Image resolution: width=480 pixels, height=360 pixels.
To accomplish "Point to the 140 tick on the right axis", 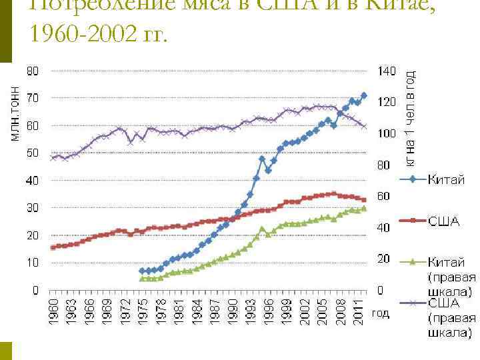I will tap(387, 71).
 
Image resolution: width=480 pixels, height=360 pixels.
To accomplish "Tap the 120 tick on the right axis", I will tap(387, 102).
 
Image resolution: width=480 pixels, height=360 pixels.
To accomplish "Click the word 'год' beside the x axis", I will tap(381, 313).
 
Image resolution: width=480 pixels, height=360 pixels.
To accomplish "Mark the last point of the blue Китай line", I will tap(364, 95).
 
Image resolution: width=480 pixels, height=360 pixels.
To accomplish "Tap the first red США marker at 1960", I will tap(53, 247).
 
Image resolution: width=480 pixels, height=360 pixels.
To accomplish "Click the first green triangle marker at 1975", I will tap(141, 278).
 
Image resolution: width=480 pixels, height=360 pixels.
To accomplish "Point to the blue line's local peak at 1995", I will tap(263, 159).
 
